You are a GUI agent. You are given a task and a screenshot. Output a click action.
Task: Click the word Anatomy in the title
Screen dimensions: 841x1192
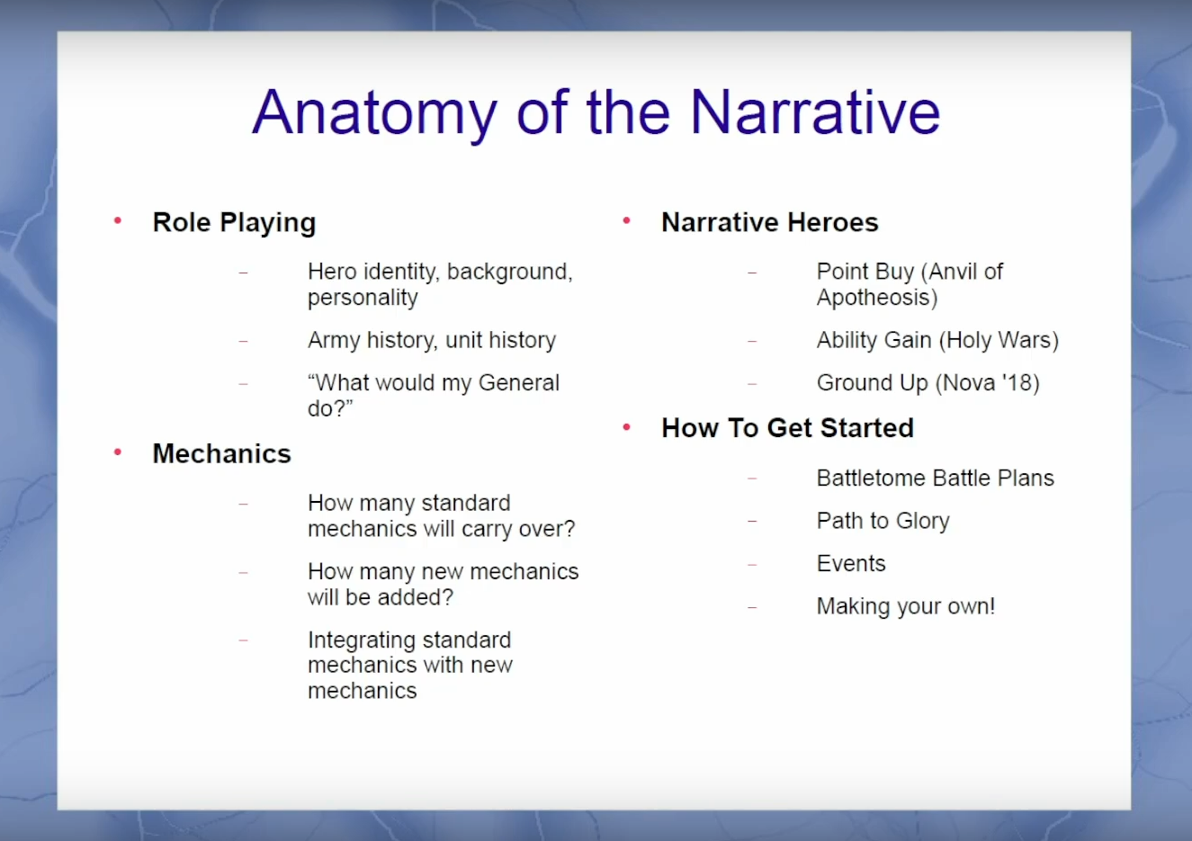click(373, 113)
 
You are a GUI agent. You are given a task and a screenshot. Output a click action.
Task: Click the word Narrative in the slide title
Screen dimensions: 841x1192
click(815, 113)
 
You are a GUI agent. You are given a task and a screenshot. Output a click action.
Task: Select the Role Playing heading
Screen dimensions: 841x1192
click(234, 222)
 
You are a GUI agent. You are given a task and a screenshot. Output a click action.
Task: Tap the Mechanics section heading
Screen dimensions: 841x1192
click(221, 453)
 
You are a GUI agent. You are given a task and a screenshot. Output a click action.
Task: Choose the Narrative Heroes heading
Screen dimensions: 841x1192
click(769, 222)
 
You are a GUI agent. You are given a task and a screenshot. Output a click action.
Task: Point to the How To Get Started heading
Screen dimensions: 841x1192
click(787, 428)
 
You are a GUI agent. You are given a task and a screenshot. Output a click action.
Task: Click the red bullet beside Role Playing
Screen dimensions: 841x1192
click(118, 220)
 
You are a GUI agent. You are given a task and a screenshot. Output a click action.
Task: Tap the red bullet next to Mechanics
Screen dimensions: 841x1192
click(118, 452)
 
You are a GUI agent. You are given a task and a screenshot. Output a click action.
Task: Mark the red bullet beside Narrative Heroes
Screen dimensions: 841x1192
click(627, 220)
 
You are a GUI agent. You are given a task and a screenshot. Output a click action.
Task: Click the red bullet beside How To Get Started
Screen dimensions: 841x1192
click(627, 426)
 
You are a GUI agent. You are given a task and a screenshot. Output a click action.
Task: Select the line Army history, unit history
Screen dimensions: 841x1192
click(431, 340)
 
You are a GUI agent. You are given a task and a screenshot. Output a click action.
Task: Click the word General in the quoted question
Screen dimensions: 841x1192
click(518, 382)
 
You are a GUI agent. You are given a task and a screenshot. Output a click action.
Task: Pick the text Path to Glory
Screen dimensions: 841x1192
click(883, 521)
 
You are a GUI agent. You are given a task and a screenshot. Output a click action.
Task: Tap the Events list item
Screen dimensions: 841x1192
click(851, 563)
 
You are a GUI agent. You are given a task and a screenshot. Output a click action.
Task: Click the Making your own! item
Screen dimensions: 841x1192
click(905, 606)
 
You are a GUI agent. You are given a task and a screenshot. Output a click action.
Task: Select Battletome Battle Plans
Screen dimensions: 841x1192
click(935, 478)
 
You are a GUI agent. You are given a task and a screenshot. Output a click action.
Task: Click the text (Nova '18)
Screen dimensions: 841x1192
click(987, 383)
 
